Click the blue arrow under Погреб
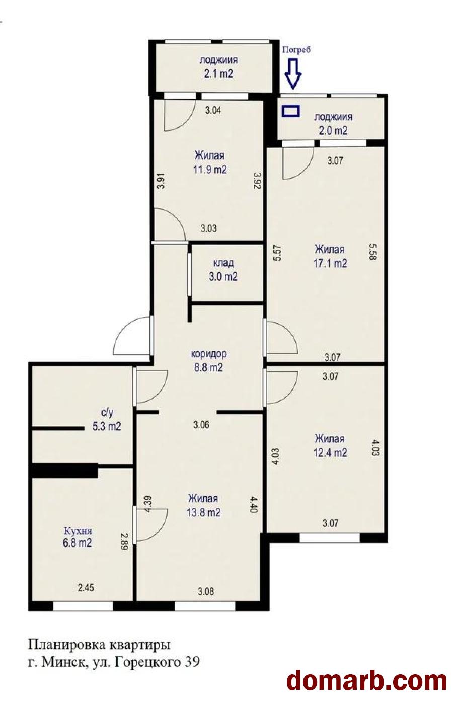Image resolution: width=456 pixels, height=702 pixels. pos(293,73)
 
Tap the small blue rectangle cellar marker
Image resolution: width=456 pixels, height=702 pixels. pos(291,111)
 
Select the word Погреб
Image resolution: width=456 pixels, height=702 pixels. pos(296,50)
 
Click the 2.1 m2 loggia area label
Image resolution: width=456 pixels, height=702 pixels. pos(218,74)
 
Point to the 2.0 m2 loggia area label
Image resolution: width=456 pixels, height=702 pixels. pos(333,130)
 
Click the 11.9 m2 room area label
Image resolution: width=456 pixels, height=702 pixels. pos(210,170)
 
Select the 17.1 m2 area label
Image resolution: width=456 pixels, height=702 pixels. pos(330,263)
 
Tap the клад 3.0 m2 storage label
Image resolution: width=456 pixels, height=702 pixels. pos(223,270)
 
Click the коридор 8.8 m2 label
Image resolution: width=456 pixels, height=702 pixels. pos(209,361)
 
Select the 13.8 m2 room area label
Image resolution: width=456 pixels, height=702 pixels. pos(204,513)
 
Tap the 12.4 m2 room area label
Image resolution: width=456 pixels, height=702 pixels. pos(330,453)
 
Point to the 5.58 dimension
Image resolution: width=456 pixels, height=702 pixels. pos(373,252)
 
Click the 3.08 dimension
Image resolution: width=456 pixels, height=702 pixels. pos(206,591)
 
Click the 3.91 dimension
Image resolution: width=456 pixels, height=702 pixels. pos(161,181)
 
